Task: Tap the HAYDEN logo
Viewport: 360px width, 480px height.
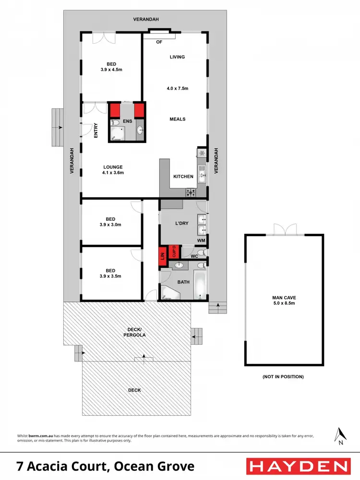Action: [298, 466]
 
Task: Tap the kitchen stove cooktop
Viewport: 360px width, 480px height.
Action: [191, 192]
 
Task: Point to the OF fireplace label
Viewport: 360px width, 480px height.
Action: [159, 42]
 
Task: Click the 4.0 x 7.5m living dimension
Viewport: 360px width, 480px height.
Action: [177, 88]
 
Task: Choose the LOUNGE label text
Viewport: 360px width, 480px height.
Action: [113, 167]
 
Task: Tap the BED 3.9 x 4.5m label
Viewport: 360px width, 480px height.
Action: [111, 66]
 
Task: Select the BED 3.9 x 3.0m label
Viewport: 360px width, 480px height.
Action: [110, 221]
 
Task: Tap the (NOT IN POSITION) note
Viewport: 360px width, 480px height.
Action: [283, 377]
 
